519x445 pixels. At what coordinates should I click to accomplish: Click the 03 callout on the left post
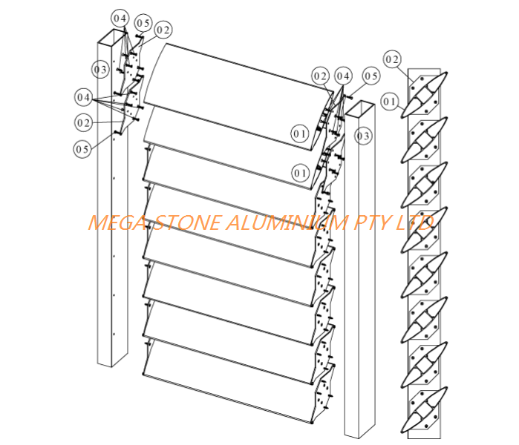pyautogui.click(x=101, y=69)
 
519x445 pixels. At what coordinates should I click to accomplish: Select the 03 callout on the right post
pyautogui.click(x=362, y=136)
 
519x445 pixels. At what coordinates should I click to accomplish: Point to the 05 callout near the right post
pyautogui.click(x=371, y=75)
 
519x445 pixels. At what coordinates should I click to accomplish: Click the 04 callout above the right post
pyautogui.click(x=343, y=76)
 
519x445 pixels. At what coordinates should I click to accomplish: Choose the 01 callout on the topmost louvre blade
pyautogui.click(x=299, y=133)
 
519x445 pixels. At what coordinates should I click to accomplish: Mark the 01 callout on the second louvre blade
pyautogui.click(x=300, y=173)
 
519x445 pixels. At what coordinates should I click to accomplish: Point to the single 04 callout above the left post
pyautogui.click(x=120, y=17)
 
